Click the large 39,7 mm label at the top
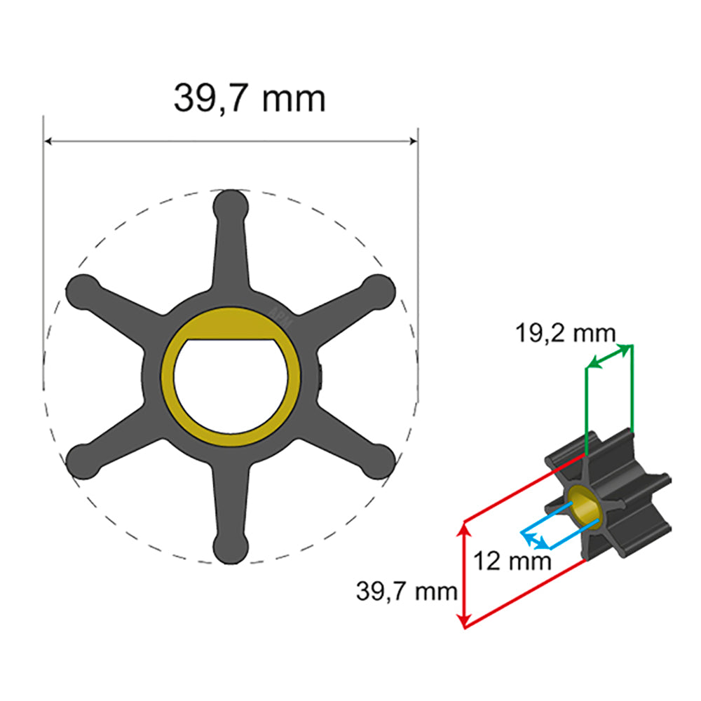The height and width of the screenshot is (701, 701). coord(250,98)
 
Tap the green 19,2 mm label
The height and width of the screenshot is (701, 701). coord(566,334)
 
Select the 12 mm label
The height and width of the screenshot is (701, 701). coord(511,561)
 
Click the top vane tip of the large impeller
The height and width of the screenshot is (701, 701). coord(231,206)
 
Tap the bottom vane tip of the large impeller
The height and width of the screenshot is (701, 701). coord(231,547)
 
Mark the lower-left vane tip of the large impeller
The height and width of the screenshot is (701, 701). coord(82,461)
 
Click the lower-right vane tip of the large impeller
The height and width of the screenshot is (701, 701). coord(379,461)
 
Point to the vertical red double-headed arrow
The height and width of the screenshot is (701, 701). coord(463,573)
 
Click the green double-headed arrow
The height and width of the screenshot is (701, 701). coord(609,356)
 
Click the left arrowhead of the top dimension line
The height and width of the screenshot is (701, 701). coord(49,142)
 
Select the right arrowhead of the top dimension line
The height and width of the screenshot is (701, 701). coord(413,142)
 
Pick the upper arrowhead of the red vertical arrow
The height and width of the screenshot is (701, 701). coord(463,526)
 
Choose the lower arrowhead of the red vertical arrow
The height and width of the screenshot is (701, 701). coord(463,622)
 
